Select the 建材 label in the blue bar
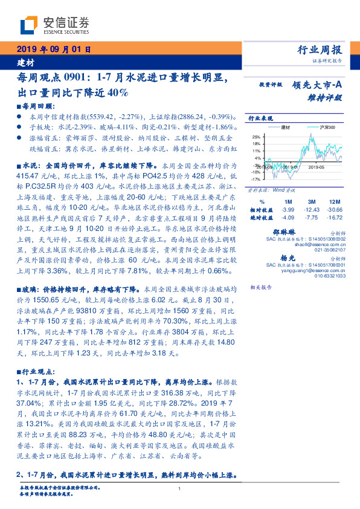[25, 62]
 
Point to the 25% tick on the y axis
[257, 137]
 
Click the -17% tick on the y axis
[256, 179]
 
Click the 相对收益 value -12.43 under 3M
[312, 208]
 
